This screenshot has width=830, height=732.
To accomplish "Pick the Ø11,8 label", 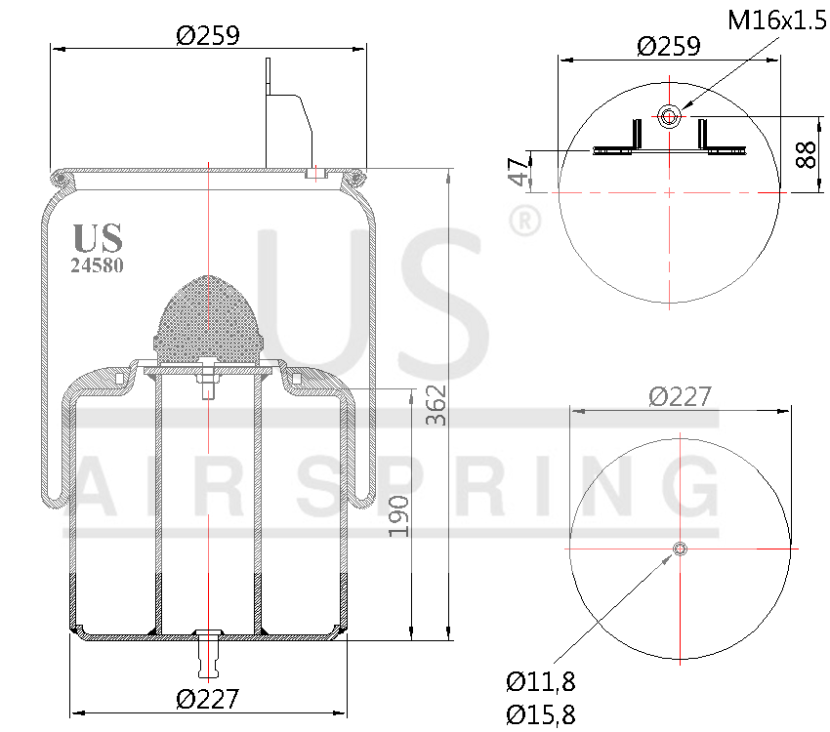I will (539, 681).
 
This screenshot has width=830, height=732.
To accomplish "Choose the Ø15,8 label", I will (539, 714).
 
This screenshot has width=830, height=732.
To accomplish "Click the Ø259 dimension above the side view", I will (207, 35).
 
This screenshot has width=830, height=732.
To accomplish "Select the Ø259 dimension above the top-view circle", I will (668, 46).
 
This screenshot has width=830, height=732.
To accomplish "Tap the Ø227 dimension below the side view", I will (207, 699).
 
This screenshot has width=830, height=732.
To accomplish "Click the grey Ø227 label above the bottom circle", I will (680, 396).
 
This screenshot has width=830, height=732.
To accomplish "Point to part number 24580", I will (97, 264).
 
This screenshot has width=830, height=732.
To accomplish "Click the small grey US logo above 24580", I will (98, 238).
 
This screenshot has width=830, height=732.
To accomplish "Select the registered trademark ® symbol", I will (524, 222).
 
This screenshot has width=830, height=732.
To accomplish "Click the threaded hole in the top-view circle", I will (669, 117).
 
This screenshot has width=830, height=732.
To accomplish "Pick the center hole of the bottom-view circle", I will (680, 549).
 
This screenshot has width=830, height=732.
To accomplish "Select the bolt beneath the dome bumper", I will (208, 380).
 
